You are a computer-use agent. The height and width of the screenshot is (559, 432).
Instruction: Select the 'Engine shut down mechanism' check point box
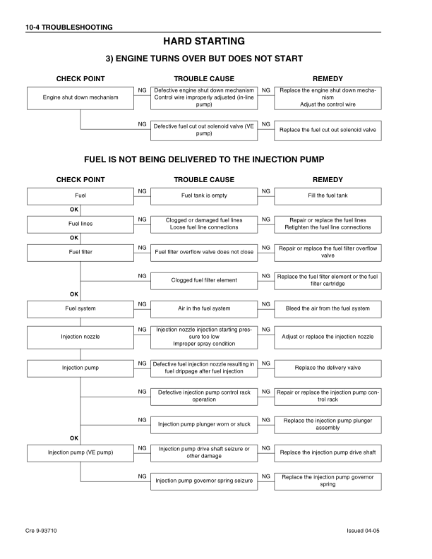(x=80, y=97)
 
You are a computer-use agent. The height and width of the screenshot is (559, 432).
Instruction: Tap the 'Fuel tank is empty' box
(x=204, y=196)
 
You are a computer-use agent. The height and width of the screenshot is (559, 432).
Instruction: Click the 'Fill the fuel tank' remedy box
(x=327, y=196)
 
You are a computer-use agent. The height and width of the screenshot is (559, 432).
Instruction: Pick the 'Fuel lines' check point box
(x=80, y=224)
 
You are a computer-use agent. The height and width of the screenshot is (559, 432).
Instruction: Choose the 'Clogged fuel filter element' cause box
(x=204, y=280)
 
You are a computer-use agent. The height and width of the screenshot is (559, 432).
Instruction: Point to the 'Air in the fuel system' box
(x=204, y=308)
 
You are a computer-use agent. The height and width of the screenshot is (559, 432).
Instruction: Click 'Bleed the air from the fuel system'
(x=327, y=308)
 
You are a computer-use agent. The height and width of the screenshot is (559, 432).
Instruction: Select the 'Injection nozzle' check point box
(x=80, y=337)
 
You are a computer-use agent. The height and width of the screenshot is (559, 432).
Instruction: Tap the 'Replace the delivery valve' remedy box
(x=327, y=368)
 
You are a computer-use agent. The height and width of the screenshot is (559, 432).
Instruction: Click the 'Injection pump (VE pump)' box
(x=80, y=452)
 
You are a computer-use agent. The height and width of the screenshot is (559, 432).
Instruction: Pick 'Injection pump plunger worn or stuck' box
(x=204, y=424)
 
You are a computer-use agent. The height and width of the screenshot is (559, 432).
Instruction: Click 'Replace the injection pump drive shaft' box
(x=327, y=452)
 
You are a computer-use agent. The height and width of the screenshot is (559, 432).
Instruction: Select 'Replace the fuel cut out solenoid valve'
(x=327, y=131)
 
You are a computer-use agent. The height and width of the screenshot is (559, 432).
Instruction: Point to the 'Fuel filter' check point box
(x=80, y=252)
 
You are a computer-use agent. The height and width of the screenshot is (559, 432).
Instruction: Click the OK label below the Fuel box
(x=73, y=210)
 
